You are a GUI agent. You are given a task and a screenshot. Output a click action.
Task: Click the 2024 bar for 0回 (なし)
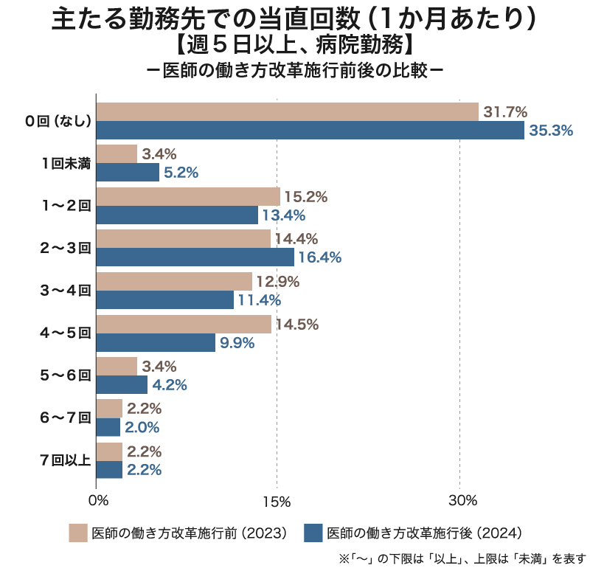pos(310,131)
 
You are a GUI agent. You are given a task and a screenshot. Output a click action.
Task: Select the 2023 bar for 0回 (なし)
pos(288,112)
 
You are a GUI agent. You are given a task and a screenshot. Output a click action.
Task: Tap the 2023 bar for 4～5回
pos(184,325)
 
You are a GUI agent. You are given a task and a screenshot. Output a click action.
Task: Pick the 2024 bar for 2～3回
pos(195,257)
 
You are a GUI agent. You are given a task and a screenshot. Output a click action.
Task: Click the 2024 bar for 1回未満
pos(128,173)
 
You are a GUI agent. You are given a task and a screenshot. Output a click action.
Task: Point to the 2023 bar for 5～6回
pos(117,366)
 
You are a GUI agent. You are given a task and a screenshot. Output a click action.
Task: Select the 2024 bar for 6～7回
pos(108,428)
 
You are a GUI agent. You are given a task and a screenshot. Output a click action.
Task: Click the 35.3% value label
pos(551,131)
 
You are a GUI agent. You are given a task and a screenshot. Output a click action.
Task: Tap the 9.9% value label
pos(237,343)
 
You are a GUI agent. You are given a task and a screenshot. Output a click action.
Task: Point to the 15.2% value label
pos(305,197)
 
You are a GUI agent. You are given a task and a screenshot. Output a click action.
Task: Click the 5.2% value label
pos(181,173)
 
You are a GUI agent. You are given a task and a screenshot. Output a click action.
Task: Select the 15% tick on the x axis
pos(277,502)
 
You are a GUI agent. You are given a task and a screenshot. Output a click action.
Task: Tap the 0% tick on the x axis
pos(98,502)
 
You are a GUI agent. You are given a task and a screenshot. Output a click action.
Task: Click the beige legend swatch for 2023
pos(78,533)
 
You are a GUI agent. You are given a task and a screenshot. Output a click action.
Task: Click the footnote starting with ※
pos(462,557)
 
